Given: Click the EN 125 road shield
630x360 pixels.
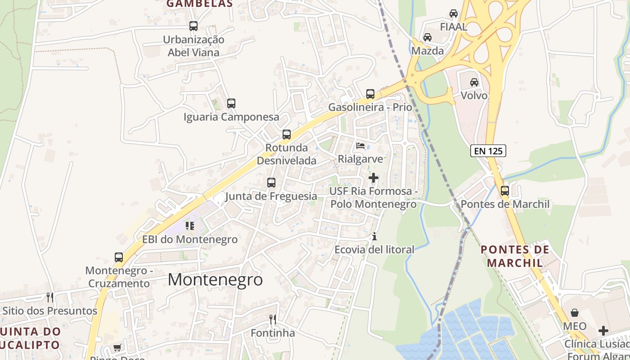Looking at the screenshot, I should [488, 151].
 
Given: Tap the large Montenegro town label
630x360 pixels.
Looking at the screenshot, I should [215, 279].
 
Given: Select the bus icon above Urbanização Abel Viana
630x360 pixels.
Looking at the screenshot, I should [193, 26].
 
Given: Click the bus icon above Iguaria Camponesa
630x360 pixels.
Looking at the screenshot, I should [231, 103].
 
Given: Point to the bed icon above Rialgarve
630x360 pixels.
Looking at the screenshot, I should [360, 145].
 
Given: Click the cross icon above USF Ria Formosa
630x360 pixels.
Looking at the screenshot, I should [373, 178].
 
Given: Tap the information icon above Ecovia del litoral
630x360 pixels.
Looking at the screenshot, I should [374, 236].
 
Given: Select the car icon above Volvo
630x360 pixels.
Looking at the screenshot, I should [474, 82].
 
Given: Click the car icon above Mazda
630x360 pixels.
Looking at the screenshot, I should [427, 37].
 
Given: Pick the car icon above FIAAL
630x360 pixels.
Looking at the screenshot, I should [454, 13].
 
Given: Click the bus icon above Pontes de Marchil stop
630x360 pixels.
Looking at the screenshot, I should [505, 191].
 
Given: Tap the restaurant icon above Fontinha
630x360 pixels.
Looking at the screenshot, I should [273, 319].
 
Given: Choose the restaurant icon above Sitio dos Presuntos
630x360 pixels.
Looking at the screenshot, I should [50, 297].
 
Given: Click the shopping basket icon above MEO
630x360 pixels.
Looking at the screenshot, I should [575, 312].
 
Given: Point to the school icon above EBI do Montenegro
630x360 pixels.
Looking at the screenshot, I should [190, 225].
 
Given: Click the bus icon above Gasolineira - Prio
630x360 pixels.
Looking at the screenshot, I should [370, 94].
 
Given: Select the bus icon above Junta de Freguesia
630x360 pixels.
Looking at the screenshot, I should [271, 183].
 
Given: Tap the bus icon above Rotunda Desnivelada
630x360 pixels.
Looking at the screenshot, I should [287, 134].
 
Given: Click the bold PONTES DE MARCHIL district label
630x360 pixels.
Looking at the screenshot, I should [515, 256].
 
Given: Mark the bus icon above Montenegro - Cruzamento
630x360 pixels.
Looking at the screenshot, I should [119, 257].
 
